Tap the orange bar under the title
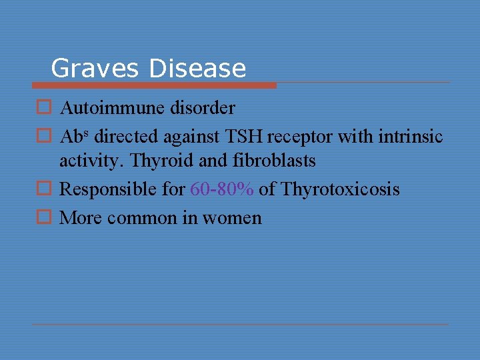pyautogui.click(x=154, y=85)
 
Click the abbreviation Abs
pyautogui.click(x=74, y=136)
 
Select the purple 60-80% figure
pyautogui.click(x=221, y=189)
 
